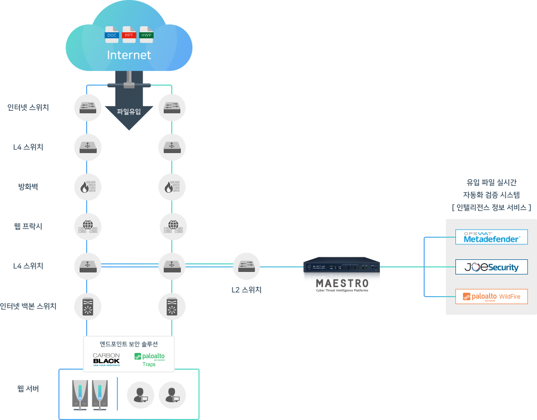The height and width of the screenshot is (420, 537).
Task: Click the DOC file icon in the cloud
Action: coord(112,33)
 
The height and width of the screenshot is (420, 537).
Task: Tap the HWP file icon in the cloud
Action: coord(147,33)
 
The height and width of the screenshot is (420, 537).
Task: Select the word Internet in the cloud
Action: coord(129,55)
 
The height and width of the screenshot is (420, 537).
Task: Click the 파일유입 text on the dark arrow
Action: coord(129,111)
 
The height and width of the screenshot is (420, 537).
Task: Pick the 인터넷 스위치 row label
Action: coord(28,107)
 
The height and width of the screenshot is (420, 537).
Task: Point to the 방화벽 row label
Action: coord(28,187)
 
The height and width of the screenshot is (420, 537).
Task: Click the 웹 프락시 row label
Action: coord(28,227)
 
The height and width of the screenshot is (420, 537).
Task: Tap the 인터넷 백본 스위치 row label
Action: coord(28,306)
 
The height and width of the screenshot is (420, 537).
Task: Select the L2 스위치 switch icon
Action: coord(247,266)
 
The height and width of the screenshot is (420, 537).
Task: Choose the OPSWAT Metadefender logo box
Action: coord(491,237)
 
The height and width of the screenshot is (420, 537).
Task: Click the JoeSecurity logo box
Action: coord(491,267)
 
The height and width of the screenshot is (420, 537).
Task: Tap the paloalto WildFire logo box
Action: coord(491,297)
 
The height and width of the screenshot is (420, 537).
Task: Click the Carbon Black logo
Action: coord(106,359)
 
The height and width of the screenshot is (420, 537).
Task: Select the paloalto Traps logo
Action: coord(149,359)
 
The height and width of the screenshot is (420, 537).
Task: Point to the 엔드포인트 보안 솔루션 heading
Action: coord(129,344)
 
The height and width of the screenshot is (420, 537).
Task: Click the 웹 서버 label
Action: coord(28,389)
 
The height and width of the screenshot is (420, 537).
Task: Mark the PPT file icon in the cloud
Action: coord(129,33)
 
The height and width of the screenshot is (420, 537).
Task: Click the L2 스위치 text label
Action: coord(246,290)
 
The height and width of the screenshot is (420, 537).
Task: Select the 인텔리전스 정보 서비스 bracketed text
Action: coord(491,207)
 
